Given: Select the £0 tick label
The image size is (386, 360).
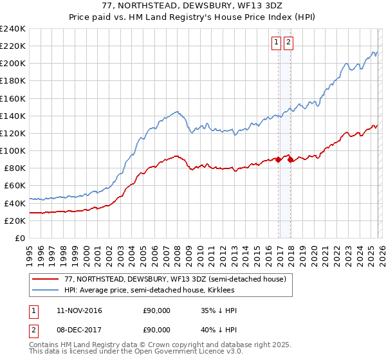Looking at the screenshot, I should tap(19, 238).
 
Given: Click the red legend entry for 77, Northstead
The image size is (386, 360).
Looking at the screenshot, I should tap(170, 278).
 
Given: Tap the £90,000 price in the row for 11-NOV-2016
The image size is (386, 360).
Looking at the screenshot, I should tap(156, 310).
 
